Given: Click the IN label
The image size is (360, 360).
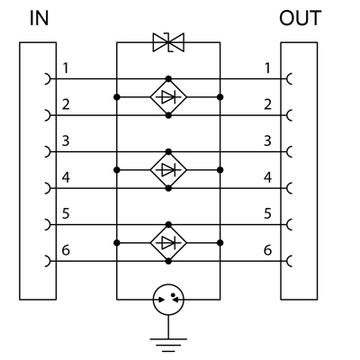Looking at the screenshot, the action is click(x=39, y=18).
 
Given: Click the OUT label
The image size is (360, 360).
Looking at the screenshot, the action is click(x=301, y=18).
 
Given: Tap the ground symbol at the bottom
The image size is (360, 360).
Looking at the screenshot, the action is click(x=168, y=345).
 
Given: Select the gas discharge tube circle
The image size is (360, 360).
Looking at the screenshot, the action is click(x=168, y=300).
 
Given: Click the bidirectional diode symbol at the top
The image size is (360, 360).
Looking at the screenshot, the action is click(x=168, y=42).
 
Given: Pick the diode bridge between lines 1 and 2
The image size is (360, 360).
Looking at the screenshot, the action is click(x=168, y=97).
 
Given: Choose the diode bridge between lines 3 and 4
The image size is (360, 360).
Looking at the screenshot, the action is click(x=168, y=170).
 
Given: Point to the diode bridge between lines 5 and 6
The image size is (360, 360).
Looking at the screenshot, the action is click(x=168, y=243).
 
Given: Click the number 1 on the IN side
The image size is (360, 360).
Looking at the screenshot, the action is click(x=66, y=68).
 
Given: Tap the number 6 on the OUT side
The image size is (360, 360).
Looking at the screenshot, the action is click(x=267, y=250).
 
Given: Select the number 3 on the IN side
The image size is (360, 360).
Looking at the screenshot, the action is click(x=66, y=140).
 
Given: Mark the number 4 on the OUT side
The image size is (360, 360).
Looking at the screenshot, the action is click(x=267, y=177).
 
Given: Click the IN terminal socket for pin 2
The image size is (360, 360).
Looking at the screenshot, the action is click(x=48, y=115).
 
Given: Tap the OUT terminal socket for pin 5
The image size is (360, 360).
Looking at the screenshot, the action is click(x=289, y=224).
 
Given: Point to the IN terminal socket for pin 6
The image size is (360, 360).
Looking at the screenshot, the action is click(x=48, y=261).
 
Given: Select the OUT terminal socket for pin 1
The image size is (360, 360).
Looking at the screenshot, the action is click(x=289, y=79).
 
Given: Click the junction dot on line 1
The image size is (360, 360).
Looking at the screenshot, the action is click(x=168, y=79).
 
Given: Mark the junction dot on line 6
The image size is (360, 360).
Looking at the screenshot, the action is click(x=168, y=261).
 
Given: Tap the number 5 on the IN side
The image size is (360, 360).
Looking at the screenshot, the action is click(x=66, y=213).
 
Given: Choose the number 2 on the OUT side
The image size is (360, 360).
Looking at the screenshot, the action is click(x=267, y=104).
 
